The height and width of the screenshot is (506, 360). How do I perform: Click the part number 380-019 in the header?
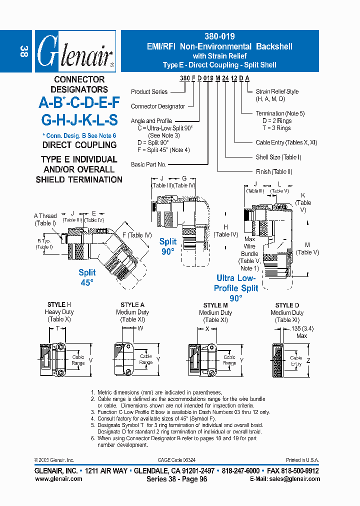(x=219, y=36)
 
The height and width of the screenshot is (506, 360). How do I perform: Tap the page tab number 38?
(x=23, y=51)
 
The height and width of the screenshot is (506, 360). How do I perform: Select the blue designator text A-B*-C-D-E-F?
(x=79, y=102)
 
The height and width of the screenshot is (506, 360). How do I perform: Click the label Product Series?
(x=149, y=92)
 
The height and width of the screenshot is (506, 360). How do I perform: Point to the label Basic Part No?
(x=148, y=164)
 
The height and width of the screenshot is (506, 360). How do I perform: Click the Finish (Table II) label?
(x=274, y=171)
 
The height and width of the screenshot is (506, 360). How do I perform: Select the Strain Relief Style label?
(x=277, y=91)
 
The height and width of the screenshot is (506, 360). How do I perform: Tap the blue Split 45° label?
(x=87, y=277)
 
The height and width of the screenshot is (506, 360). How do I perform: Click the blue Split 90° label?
(x=168, y=246)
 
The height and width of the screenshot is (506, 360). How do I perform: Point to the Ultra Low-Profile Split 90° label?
(x=236, y=288)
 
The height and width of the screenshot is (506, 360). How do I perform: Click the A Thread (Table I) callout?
(x=45, y=219)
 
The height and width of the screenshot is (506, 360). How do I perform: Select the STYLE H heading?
(x=59, y=304)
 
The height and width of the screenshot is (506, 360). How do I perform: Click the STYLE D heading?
(x=287, y=305)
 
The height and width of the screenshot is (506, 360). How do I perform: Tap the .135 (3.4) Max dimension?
(x=301, y=332)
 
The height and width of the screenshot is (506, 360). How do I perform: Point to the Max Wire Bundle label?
(x=249, y=250)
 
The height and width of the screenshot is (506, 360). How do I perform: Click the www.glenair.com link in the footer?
(x=58, y=478)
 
